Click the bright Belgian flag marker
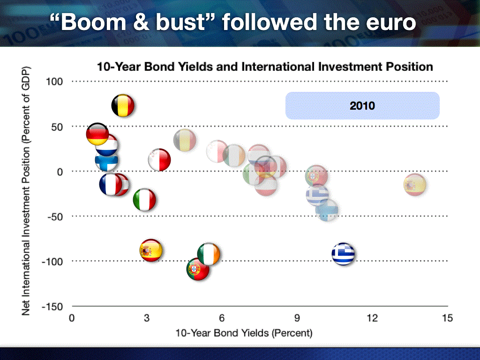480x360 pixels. point(123,105)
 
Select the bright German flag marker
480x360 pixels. point(97,134)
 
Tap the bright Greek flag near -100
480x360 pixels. point(343,254)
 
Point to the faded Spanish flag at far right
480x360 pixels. point(415,185)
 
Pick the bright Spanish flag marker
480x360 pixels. point(150,250)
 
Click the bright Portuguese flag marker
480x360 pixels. point(198,269)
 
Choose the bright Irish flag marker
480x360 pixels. point(209,254)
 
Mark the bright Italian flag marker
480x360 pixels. point(144,200)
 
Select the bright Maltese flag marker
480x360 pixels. point(159,160)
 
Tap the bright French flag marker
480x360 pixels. point(111,184)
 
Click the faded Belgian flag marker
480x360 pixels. point(185,141)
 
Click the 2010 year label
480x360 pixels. point(362,106)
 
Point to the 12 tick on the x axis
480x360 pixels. point(372,318)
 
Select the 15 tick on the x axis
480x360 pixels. point(447,318)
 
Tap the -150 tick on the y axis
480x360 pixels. point(52,307)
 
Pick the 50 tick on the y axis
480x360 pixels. point(57,127)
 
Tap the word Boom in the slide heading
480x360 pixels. point(93,22)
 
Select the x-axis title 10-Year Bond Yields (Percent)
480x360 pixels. point(244,333)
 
